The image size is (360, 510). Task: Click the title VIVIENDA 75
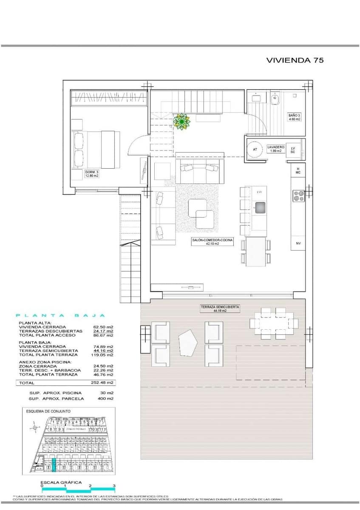click(295, 60)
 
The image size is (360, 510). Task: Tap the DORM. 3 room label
click(91, 174)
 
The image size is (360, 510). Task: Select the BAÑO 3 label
click(294, 117)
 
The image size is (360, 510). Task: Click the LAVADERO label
click(275, 148)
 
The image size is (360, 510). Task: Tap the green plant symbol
click(182, 122)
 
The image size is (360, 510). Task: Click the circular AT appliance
click(255, 150)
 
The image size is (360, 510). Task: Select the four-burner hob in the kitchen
click(298, 195)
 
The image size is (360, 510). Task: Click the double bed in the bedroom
click(96, 149)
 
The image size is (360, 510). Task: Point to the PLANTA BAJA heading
click(60, 315)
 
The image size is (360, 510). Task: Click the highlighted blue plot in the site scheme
click(54, 466)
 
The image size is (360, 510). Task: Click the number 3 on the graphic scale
click(114, 485)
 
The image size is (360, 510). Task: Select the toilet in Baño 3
click(275, 99)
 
